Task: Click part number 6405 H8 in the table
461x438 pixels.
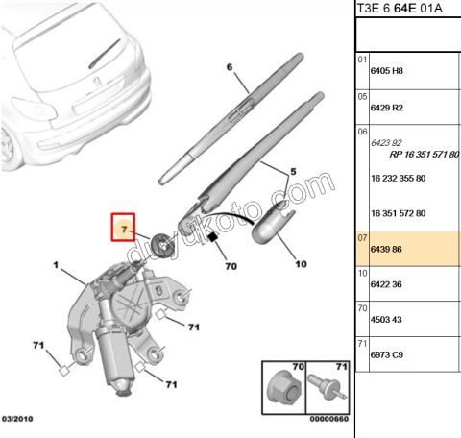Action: point(386,71)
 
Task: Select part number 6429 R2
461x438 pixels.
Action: point(386,108)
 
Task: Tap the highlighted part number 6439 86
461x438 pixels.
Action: point(386,249)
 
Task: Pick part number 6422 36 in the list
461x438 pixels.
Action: point(386,284)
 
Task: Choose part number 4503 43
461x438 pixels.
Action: point(386,320)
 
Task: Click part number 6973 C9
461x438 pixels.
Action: point(386,354)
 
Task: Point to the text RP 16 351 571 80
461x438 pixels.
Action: point(425,155)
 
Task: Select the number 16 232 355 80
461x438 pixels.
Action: point(398,178)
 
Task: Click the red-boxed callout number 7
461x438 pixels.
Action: point(125,230)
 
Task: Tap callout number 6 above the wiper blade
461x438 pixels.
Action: point(230,67)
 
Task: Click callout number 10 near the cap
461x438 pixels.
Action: point(301,264)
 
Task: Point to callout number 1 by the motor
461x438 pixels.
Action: point(56,265)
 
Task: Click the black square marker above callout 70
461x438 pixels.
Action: point(212,237)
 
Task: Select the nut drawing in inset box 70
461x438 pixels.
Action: point(283,389)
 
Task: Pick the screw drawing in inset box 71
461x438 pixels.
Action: point(328,388)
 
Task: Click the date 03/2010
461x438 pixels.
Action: point(17,419)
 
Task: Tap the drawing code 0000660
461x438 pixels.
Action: point(329,419)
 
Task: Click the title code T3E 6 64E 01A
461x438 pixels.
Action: point(400,9)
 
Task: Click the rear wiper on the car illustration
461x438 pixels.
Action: point(105,54)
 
